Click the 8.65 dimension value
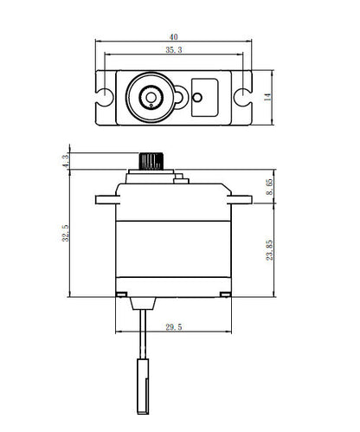coord(270,186)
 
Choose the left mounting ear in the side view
coord(106,199)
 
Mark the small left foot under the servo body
coord(119,295)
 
